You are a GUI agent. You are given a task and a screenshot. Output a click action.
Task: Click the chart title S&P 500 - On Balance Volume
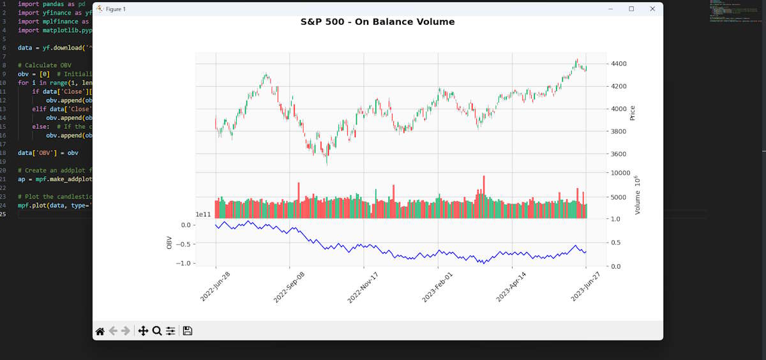pos(377,22)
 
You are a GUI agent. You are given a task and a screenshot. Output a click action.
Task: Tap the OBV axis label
pos(169,243)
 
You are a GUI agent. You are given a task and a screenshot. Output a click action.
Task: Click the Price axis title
pos(633,113)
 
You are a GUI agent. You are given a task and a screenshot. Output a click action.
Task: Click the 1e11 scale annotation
pos(204,215)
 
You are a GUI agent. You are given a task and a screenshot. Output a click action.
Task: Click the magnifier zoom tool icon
pos(156,331)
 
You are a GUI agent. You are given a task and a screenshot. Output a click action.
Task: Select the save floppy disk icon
pos(188,331)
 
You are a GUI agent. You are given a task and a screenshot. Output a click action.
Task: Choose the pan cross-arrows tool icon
pos(143,331)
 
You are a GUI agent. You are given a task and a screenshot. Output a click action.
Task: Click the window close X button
pos(652,9)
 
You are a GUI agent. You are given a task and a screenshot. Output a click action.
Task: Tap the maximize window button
pos(631,9)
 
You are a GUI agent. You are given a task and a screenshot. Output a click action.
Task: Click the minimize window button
pos(611,9)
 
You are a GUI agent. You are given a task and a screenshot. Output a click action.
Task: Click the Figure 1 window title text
pos(116,9)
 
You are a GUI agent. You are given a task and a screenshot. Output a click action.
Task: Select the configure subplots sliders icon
pos(170,331)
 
